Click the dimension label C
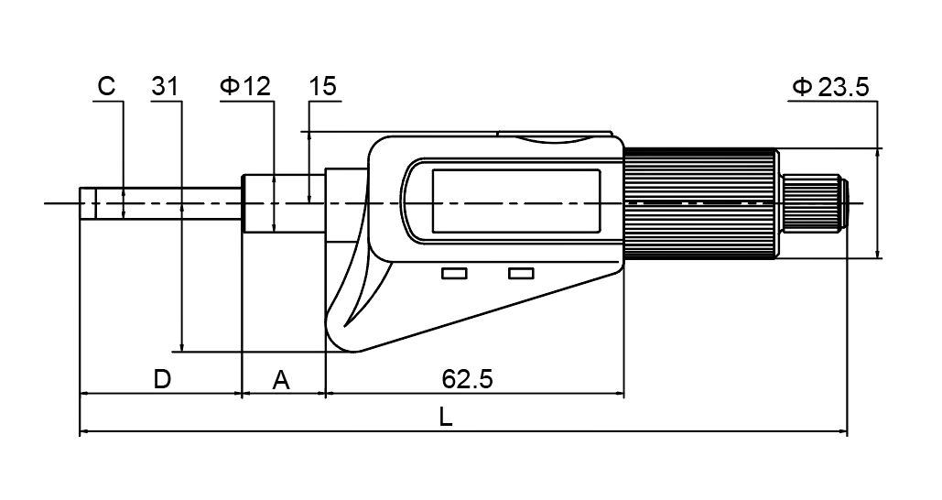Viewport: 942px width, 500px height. (106, 87)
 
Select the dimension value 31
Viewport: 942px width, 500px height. (165, 87)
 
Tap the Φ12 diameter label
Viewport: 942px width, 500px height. (245, 87)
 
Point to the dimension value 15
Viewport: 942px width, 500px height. (323, 87)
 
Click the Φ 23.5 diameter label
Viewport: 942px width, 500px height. (829, 88)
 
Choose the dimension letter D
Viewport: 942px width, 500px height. (161, 378)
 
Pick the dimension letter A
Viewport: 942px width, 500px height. (282, 379)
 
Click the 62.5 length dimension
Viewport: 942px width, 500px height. (467, 378)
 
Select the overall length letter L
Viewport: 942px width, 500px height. (445, 417)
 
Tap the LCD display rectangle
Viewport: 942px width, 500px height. (515, 201)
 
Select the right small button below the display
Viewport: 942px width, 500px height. (521, 274)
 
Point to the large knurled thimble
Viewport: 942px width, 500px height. (700, 202)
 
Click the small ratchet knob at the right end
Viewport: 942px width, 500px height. (815, 202)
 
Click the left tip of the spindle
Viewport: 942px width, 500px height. (83, 203)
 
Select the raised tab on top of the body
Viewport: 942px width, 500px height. (554, 137)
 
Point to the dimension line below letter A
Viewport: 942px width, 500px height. (283, 394)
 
